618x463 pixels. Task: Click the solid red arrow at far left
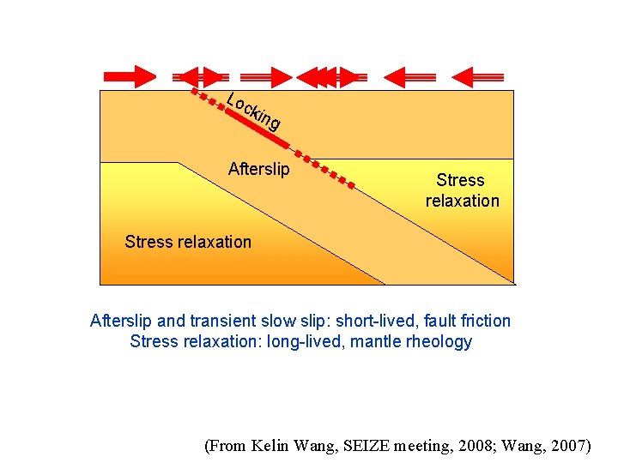tap(133, 76)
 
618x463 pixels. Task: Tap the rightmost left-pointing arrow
tap(477, 76)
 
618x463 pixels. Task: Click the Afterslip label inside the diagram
tap(258, 169)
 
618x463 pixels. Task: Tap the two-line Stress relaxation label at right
tap(461, 190)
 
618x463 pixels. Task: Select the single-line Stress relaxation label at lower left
tap(188, 242)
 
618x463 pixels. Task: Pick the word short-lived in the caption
tap(376, 321)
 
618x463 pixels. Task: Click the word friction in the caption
tap(486, 321)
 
